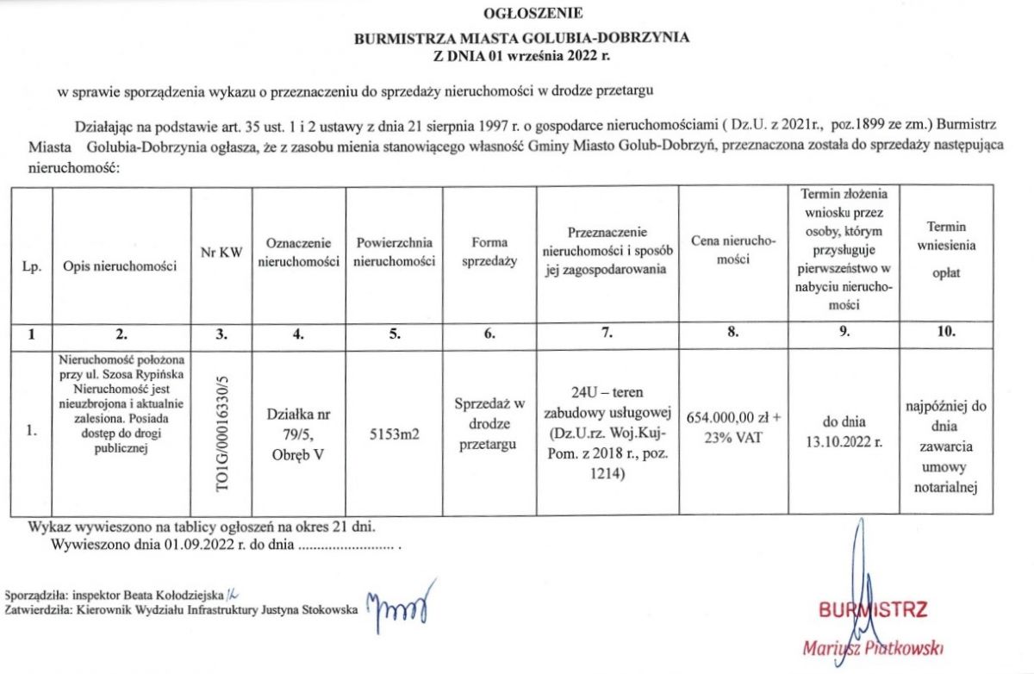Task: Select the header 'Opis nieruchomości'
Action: point(121,266)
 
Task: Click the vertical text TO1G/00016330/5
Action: point(227,430)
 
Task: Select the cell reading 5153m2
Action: point(393,434)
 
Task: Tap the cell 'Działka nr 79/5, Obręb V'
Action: point(296,434)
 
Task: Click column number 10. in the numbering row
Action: point(945,335)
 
